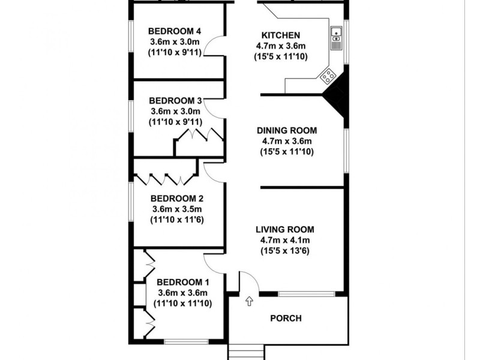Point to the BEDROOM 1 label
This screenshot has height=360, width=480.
click(183, 282)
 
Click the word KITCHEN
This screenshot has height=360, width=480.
click(277, 35)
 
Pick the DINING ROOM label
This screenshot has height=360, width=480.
click(286, 130)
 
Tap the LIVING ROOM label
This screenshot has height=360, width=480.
click(285, 230)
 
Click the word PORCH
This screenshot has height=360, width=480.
click(286, 319)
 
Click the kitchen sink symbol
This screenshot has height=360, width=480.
click(336, 37)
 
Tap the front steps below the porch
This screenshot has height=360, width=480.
click(246, 353)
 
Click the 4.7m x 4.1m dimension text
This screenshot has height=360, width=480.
click(285, 241)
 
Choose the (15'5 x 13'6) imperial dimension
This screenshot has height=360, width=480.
click(285, 251)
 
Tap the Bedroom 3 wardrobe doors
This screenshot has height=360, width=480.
click(198, 136)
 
